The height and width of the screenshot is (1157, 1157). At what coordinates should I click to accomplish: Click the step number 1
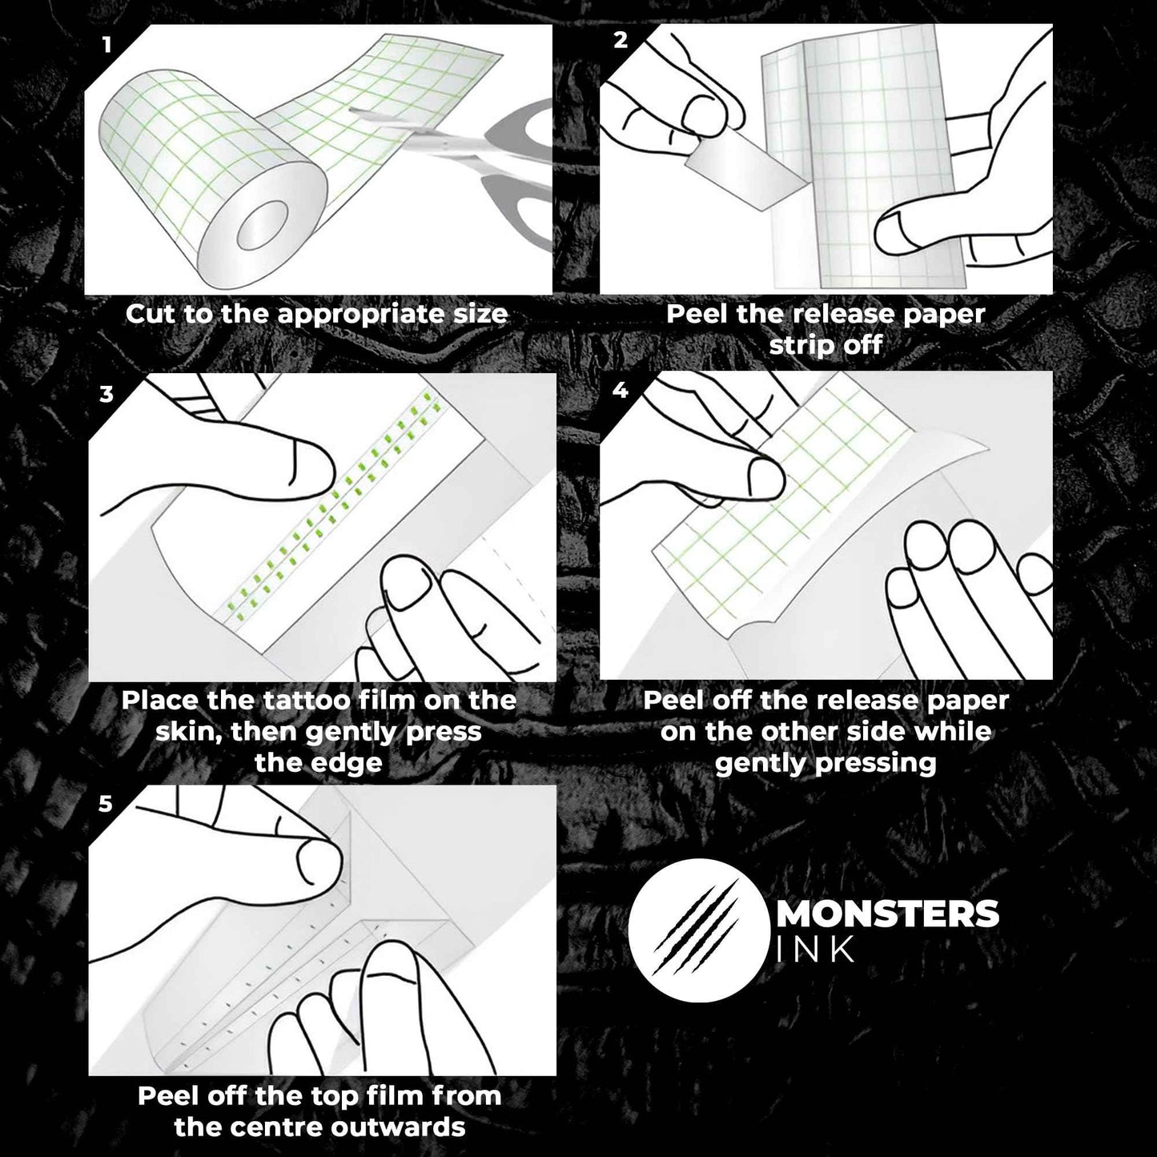(107, 45)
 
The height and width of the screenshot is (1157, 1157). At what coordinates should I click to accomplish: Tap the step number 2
(621, 41)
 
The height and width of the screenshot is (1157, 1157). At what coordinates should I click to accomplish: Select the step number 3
(107, 394)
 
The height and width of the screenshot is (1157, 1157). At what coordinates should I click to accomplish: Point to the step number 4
(621, 390)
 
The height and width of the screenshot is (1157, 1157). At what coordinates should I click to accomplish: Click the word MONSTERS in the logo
(887, 914)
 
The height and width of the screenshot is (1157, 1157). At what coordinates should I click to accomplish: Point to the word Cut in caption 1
(151, 313)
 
